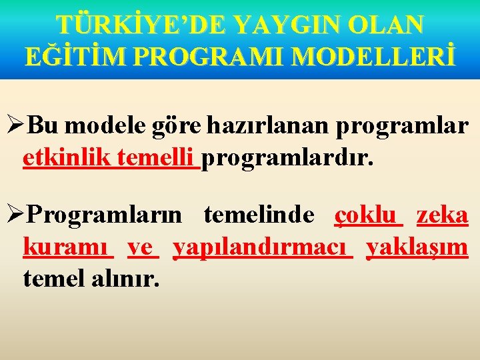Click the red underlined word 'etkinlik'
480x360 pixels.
click(x=67, y=159)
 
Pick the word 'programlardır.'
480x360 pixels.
click(x=288, y=160)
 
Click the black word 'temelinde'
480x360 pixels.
click(x=259, y=215)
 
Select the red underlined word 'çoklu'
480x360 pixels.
click(x=368, y=216)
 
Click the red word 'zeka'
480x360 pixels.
click(x=442, y=215)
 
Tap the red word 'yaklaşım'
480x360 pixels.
click(x=417, y=249)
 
